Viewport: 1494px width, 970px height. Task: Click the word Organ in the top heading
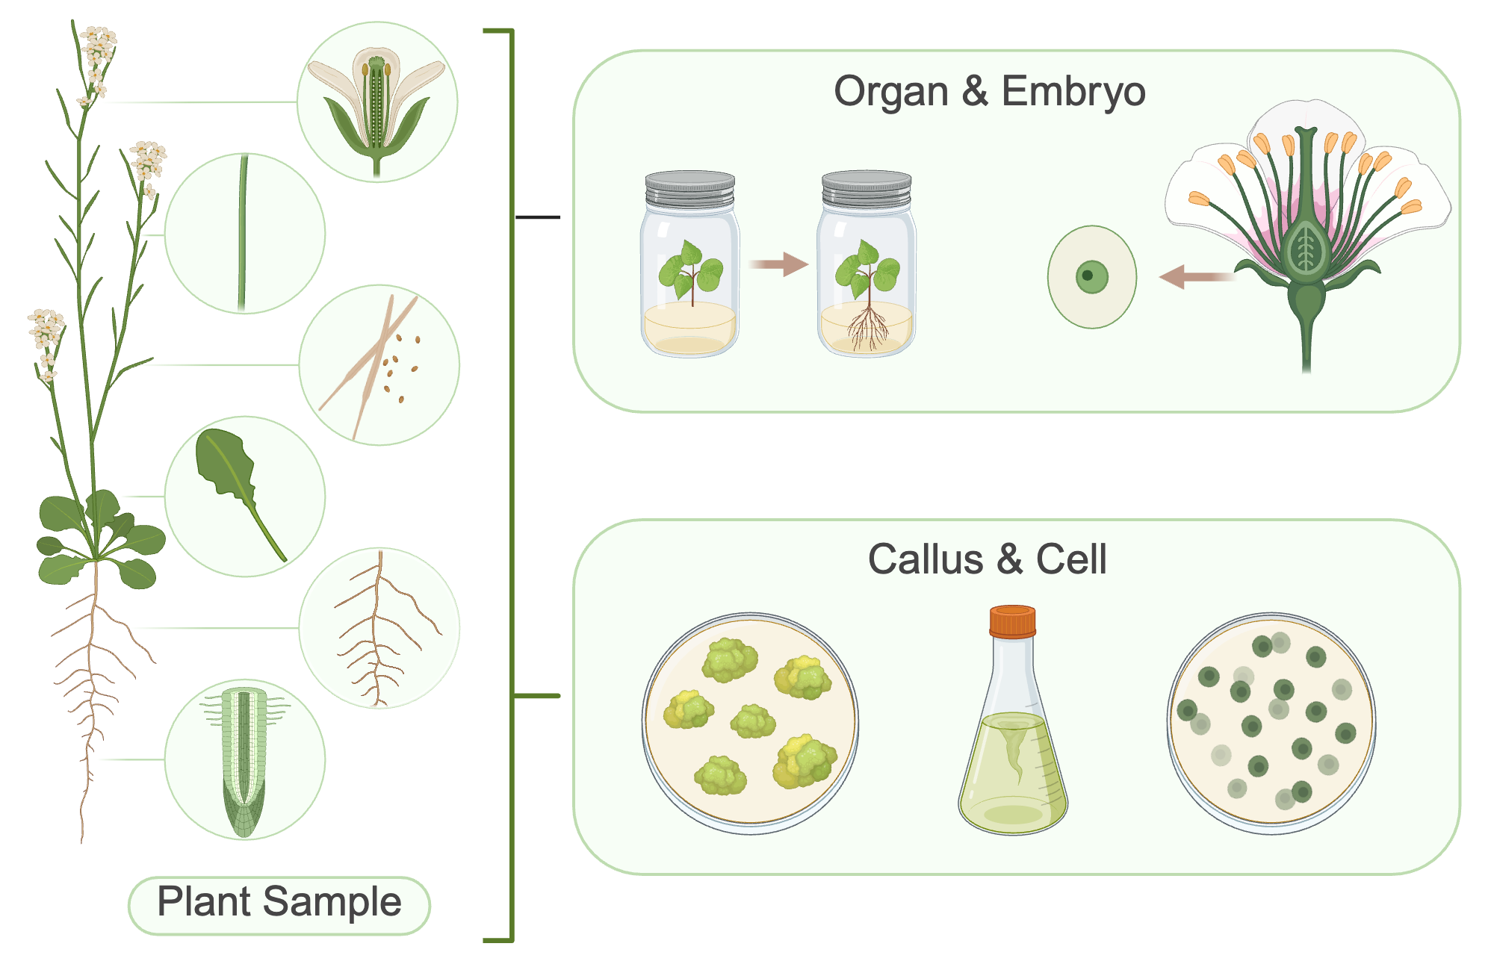click(x=890, y=93)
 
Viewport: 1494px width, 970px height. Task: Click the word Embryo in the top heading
click(x=1073, y=93)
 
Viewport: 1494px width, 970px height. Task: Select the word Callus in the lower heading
click(x=925, y=560)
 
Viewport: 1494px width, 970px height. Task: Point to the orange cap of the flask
click(x=1012, y=621)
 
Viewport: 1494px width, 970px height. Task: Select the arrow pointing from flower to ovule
click(x=1195, y=276)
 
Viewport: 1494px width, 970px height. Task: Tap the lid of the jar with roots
click(x=867, y=190)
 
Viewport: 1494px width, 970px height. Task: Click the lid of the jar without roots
click(x=689, y=190)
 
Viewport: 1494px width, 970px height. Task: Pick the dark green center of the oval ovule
click(x=1090, y=276)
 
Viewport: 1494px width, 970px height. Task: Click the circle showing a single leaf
click(x=244, y=497)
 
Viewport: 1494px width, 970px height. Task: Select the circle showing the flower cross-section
click(x=377, y=102)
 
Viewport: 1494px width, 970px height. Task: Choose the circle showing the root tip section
click(x=244, y=759)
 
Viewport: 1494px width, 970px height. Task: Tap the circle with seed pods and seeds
click(x=379, y=365)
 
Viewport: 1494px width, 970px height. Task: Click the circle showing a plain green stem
click(x=244, y=234)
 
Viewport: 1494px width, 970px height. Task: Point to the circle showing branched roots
click(x=379, y=628)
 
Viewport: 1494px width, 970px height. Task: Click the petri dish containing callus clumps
click(x=750, y=723)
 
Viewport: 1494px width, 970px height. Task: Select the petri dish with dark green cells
click(x=1271, y=723)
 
